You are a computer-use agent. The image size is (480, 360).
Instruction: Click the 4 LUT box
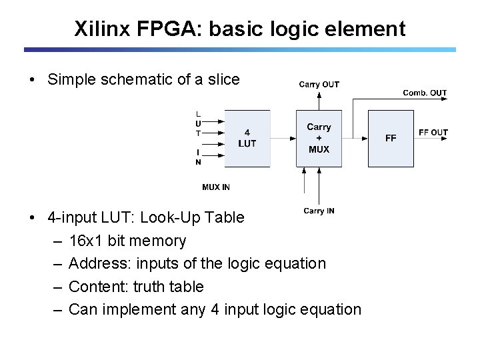pos(247,138)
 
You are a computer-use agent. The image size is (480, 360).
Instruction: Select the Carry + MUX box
pos(319,138)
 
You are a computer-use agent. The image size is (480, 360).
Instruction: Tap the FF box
pos(391,138)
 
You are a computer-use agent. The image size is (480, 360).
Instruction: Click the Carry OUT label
pos(319,84)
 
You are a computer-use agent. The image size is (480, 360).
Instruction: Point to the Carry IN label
pos(319,211)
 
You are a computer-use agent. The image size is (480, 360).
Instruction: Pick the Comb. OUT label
pos(425,93)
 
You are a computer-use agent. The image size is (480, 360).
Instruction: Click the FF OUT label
pos(433,133)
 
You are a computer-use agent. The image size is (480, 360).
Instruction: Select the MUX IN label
pos(216,187)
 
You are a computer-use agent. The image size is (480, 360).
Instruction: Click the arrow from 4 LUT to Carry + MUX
pos(283,139)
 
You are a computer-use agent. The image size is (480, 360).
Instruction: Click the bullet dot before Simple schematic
pos(32,81)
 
